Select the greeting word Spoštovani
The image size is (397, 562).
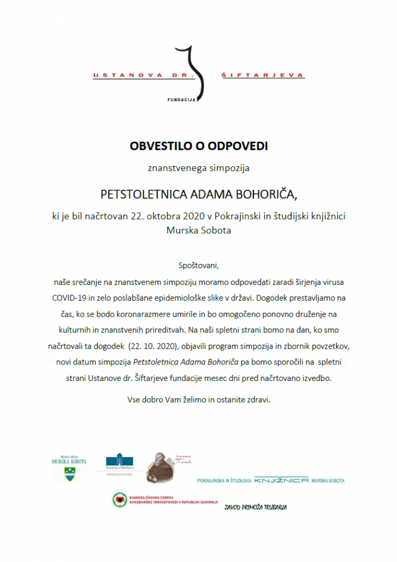[x=198, y=266]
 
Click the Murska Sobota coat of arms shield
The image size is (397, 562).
[x=69, y=474]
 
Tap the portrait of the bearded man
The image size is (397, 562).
[x=159, y=468]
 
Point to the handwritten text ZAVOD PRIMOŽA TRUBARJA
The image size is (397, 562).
[x=255, y=507]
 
